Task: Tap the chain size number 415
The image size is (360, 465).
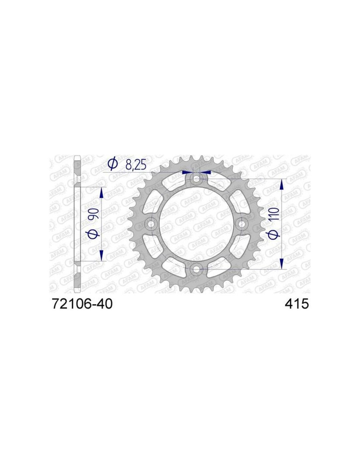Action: [x=297, y=304]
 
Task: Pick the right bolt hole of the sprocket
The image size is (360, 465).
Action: [x=241, y=224]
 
